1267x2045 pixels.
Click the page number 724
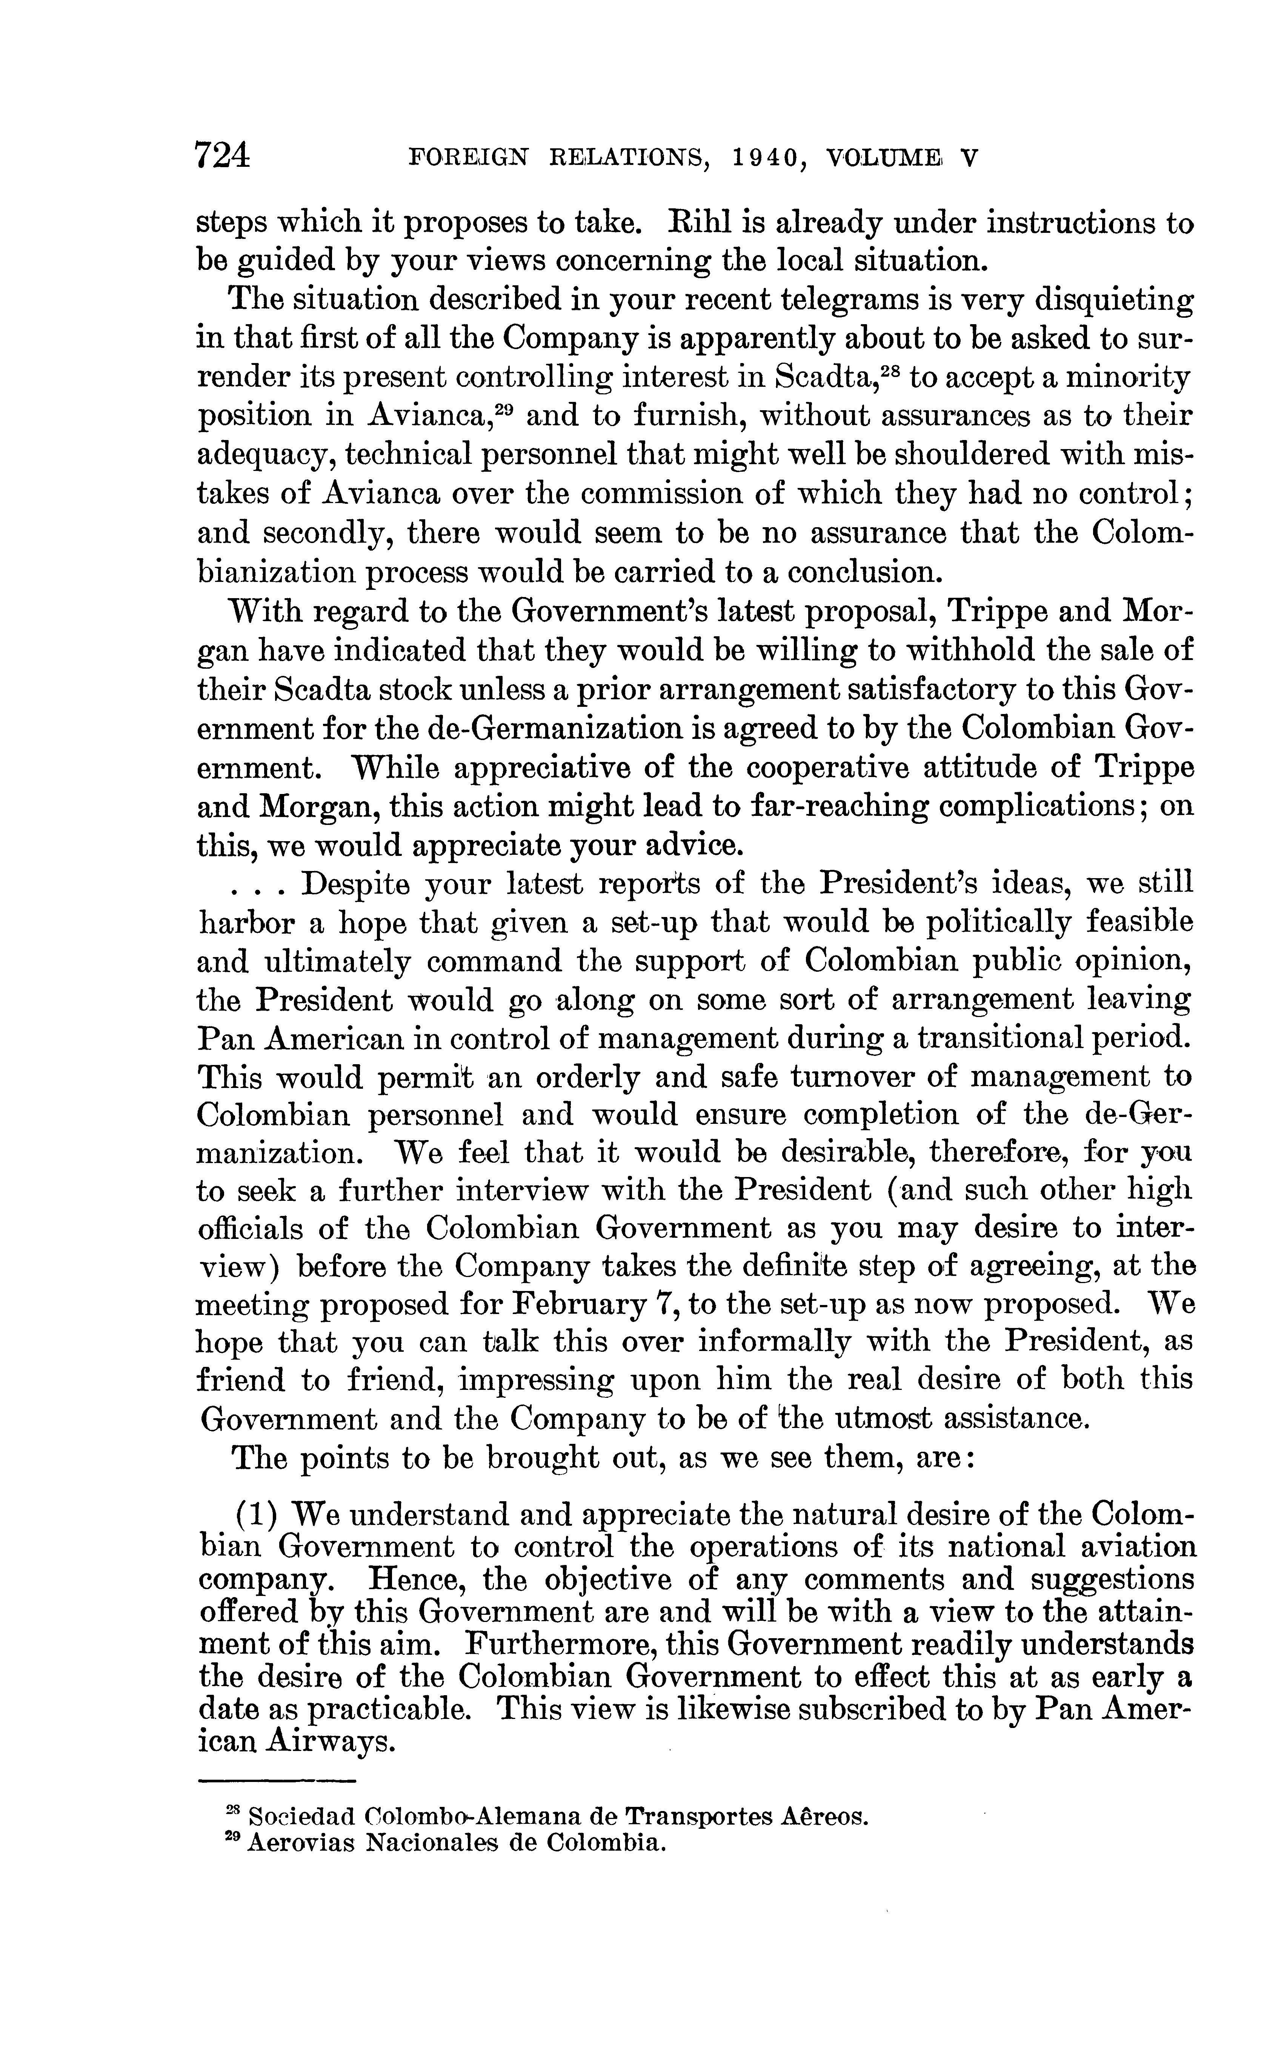(222, 157)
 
